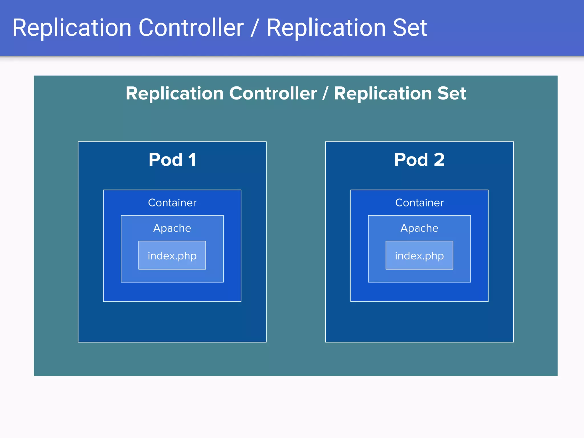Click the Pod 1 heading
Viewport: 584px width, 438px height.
(x=172, y=160)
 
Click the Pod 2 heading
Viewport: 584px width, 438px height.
(x=419, y=160)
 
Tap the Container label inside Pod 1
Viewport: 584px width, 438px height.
(x=172, y=203)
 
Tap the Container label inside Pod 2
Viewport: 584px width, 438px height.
(x=419, y=203)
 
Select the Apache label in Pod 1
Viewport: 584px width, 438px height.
(x=172, y=228)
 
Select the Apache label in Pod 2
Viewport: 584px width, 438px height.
(x=419, y=228)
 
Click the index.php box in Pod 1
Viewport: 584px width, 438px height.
(x=172, y=255)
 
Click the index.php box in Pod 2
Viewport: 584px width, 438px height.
(x=419, y=255)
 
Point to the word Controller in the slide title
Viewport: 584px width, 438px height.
(x=191, y=28)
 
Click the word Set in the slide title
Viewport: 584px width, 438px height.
(x=410, y=28)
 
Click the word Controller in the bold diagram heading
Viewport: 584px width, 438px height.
(x=273, y=93)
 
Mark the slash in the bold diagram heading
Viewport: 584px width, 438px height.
(x=325, y=93)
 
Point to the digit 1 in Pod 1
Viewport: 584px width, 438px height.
(x=192, y=160)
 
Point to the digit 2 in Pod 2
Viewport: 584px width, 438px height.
(x=439, y=160)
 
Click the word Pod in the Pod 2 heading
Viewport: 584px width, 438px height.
(x=411, y=160)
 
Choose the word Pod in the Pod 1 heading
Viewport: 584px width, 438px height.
(x=165, y=160)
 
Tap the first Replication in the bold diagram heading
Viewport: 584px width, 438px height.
(x=175, y=93)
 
